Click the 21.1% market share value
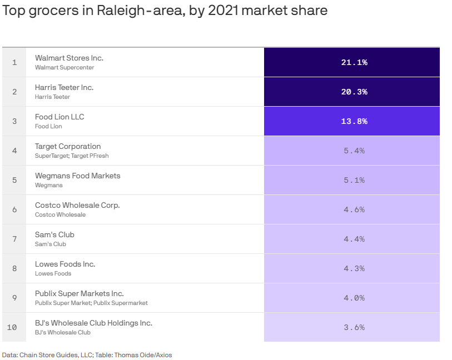(x=354, y=62)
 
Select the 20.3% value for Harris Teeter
(x=354, y=92)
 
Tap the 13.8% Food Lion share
(x=354, y=121)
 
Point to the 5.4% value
(x=354, y=151)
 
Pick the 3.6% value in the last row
(x=354, y=327)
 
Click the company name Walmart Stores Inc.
(x=69, y=58)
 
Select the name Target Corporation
(x=68, y=146)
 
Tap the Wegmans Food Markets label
(x=77, y=176)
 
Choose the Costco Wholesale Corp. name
(x=77, y=205)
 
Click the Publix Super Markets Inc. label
(x=79, y=293)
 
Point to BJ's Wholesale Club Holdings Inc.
(x=93, y=323)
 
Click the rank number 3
(x=14, y=121)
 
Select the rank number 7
(x=14, y=239)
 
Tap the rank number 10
(x=12, y=327)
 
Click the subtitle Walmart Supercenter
(x=64, y=67)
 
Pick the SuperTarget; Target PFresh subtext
(x=72, y=156)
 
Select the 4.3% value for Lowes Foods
(x=354, y=268)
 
